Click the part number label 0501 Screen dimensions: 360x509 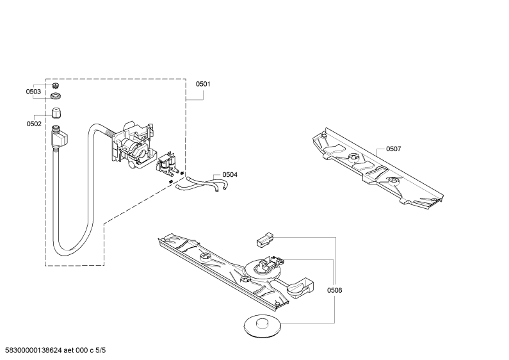[x=203, y=84]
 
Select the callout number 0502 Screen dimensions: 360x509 [x=34, y=124]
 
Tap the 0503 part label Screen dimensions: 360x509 [x=34, y=92]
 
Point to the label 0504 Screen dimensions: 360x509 [x=230, y=175]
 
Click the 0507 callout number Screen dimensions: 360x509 [x=393, y=149]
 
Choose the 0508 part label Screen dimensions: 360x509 [x=334, y=290]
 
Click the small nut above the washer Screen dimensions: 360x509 [x=56, y=86]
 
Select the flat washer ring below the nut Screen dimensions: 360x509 [x=56, y=97]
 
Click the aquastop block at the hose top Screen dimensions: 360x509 [x=58, y=136]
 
